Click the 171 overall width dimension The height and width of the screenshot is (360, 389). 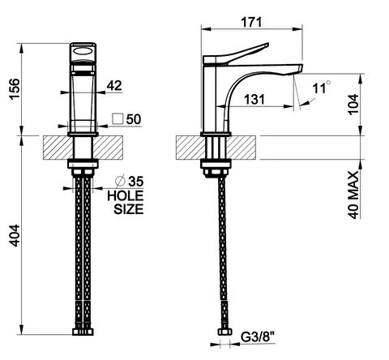(251, 22)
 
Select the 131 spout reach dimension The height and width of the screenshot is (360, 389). (254, 99)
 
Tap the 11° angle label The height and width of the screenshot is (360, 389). (322, 88)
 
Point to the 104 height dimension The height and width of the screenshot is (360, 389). (353, 105)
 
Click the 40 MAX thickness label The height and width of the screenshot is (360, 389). (353, 195)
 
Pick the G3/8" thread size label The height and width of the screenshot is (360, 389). (257, 337)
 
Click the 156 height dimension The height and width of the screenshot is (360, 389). (15, 89)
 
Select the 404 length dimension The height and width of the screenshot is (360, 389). (15, 235)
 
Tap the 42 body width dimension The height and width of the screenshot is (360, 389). (114, 85)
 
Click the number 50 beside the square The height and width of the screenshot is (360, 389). (134, 119)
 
